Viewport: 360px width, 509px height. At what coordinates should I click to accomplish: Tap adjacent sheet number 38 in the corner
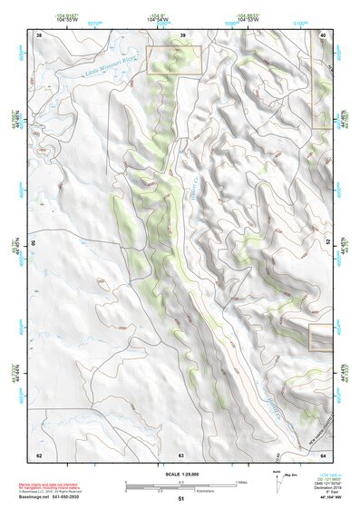click(39, 35)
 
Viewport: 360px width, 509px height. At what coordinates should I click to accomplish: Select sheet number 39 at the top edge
click(182, 35)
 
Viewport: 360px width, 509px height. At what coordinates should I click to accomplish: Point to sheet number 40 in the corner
click(323, 35)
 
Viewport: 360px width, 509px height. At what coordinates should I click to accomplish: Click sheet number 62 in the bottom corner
click(39, 454)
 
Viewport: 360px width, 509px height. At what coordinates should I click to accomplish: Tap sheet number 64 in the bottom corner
click(323, 454)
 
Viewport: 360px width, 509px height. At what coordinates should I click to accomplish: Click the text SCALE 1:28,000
click(181, 475)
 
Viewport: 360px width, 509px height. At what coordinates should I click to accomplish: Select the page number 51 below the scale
click(181, 500)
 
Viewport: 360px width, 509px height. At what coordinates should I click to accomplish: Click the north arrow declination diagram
click(277, 481)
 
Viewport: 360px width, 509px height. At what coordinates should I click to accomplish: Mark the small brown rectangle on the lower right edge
click(320, 338)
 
